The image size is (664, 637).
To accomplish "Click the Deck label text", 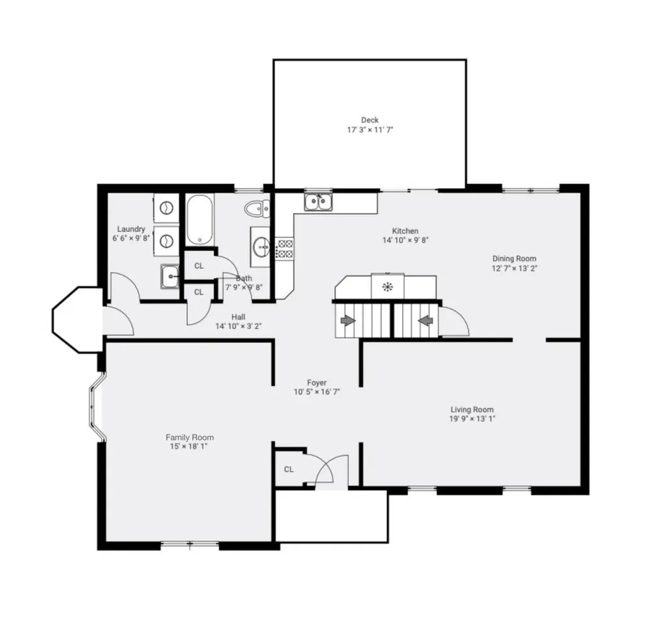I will click(370, 120).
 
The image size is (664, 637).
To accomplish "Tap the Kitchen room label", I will click(405, 231).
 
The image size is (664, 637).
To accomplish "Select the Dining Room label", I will click(514, 259).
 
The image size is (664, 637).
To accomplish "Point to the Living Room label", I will click(472, 410).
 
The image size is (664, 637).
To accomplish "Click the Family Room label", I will click(189, 437).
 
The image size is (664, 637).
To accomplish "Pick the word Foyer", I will click(317, 383).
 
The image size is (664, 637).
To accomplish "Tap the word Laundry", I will click(131, 229).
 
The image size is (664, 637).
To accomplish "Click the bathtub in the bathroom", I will click(199, 220).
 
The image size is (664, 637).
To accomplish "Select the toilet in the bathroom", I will click(257, 209).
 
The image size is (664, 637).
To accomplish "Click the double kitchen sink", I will click(318, 203).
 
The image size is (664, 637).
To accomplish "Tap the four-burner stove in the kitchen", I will click(285, 249).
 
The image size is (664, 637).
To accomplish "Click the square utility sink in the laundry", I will click(171, 277).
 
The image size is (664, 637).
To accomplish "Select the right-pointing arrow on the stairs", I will click(348, 319).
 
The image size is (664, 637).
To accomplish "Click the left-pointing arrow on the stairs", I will click(426, 319).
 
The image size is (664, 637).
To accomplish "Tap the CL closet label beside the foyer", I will click(289, 469).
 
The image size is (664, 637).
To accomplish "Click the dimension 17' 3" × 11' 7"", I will click(370, 130).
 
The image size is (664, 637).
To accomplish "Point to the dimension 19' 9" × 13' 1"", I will click(472, 419).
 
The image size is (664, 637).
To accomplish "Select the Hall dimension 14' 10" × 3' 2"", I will click(239, 326).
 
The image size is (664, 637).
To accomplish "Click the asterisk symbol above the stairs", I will click(388, 286).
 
